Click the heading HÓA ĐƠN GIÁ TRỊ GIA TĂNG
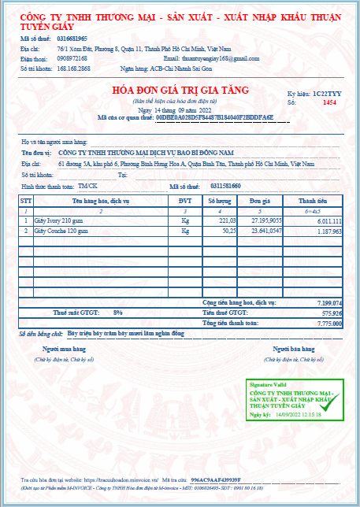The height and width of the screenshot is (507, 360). [x=180, y=91]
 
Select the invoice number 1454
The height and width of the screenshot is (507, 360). [x=329, y=102]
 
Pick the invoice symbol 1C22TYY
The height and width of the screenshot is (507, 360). [x=327, y=92]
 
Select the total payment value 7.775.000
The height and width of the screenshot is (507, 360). [x=328, y=323]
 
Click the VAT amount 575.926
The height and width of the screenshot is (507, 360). [x=331, y=313]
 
